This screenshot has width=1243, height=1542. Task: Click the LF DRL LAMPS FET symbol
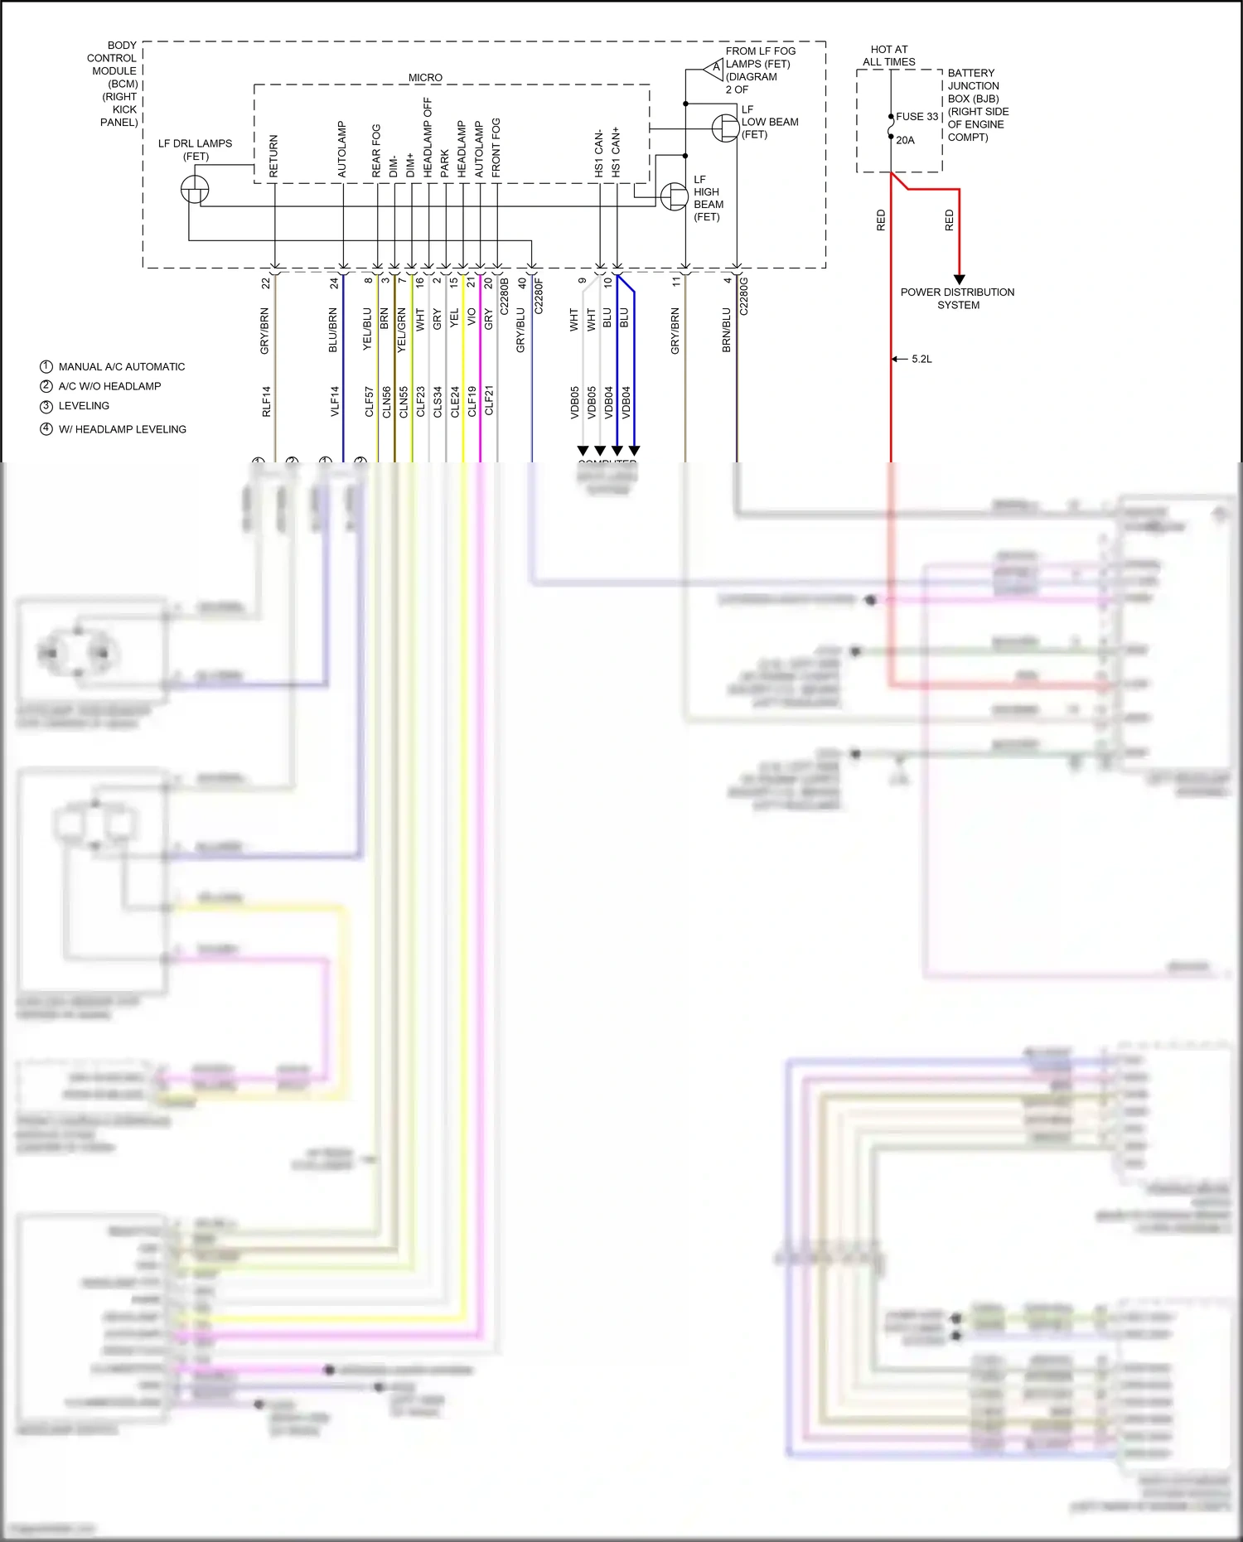coord(195,189)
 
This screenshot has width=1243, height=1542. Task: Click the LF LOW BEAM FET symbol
coord(725,128)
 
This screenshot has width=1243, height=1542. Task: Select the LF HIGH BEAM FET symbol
coord(674,197)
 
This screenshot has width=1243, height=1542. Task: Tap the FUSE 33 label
coord(917,117)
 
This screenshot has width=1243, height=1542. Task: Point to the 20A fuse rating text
coord(905,140)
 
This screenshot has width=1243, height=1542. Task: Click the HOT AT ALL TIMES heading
coord(888,56)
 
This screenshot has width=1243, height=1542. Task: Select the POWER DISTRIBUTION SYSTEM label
coord(957,298)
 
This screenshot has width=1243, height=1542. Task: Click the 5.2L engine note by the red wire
coord(921,359)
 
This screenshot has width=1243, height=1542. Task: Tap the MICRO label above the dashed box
coord(425,77)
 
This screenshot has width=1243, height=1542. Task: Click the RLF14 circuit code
coord(267,401)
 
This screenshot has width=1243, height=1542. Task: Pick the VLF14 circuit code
coord(335,401)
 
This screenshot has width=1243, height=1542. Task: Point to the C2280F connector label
coord(539,296)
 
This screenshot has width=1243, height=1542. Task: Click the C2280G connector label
coord(743,296)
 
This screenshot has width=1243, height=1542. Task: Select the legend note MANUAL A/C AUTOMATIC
coord(121,366)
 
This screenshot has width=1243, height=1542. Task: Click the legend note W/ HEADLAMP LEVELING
coord(122,429)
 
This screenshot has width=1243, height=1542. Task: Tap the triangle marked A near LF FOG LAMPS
coord(715,68)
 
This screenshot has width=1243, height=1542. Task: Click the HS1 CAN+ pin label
coord(616,152)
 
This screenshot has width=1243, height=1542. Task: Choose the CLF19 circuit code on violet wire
coord(472,401)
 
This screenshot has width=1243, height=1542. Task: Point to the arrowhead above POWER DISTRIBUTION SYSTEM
coord(959,280)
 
